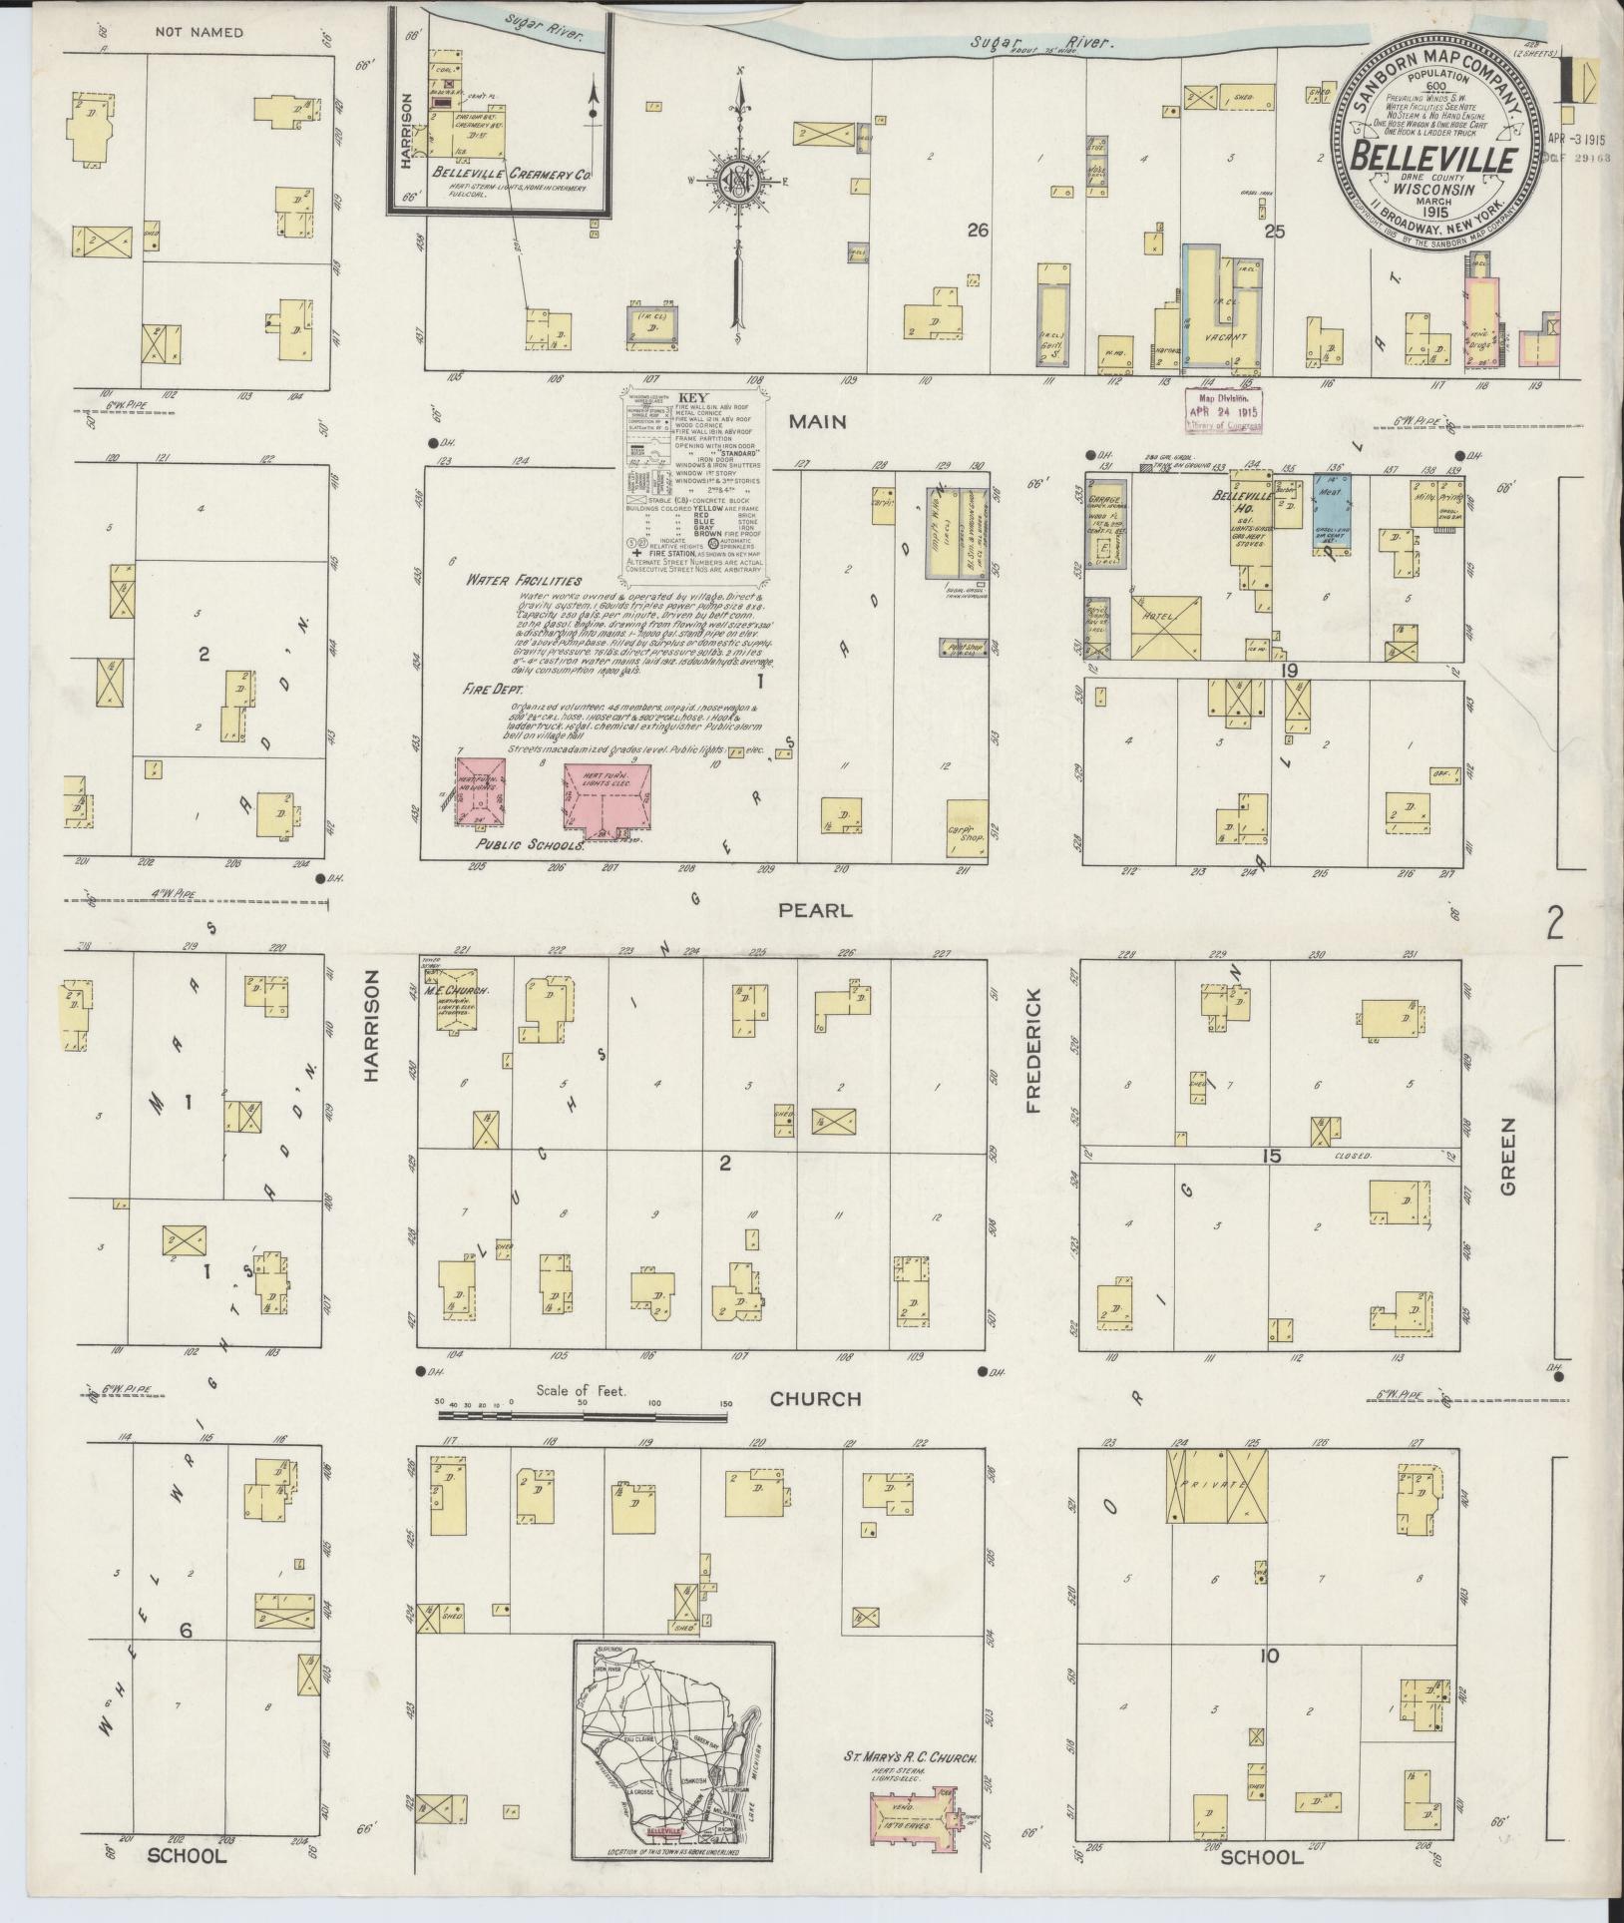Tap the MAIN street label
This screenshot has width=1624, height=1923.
pyautogui.click(x=817, y=422)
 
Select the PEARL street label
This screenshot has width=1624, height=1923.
pyautogui.click(x=816, y=910)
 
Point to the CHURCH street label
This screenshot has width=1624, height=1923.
pyautogui.click(x=815, y=1399)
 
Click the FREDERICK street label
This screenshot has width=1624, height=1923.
pyautogui.click(x=1031, y=1051)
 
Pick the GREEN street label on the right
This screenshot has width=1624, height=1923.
pyautogui.click(x=1507, y=1156)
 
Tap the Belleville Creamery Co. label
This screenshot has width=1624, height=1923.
pyautogui.click(x=513, y=173)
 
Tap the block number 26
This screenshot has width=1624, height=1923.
pyautogui.click(x=977, y=231)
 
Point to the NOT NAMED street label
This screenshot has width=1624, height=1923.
pyautogui.click(x=199, y=33)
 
